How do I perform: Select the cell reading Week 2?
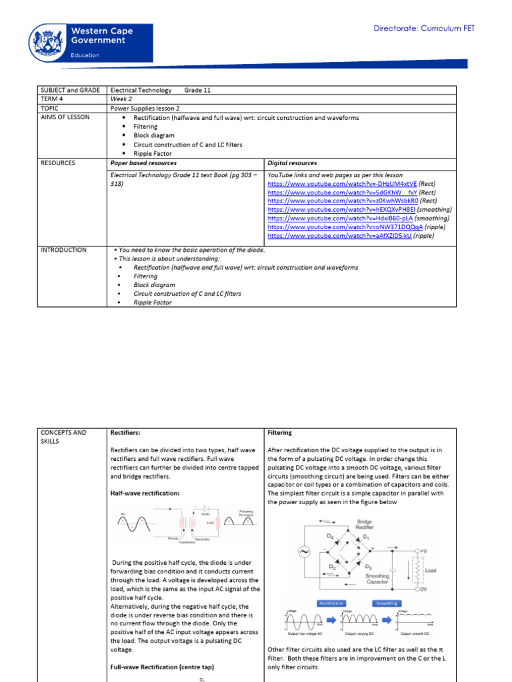121,99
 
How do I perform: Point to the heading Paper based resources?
143,163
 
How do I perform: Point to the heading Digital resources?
292,163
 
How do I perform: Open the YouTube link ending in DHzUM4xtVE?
342,183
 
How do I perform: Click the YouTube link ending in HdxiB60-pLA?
340,218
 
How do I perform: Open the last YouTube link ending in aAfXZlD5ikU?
339,235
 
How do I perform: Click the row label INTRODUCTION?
63,250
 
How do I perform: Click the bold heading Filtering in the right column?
279,432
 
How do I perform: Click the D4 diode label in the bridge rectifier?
330,535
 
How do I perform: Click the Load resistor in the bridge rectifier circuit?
419,571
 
